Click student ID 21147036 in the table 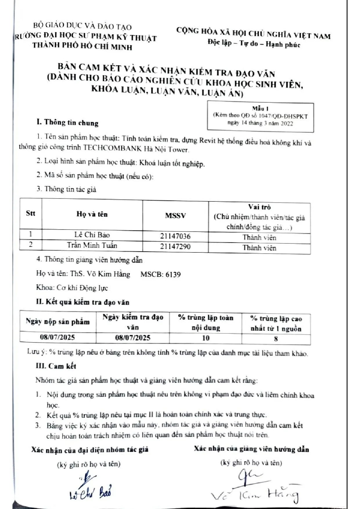point(175,236)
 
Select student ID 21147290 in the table point(175,247)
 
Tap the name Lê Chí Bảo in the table point(92,235)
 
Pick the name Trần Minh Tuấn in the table point(92,245)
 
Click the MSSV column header point(175,216)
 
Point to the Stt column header point(30,214)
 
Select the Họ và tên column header point(92,214)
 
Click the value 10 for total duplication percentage point(206,338)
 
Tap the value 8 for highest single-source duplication point(276,339)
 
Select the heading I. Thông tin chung point(67,122)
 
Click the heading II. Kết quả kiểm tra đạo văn point(82,302)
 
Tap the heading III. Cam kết point(56,366)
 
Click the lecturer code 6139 point(173,275)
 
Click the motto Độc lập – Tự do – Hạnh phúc point(253,44)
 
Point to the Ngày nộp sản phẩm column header point(58,322)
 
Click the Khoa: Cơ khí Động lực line point(72,288)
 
